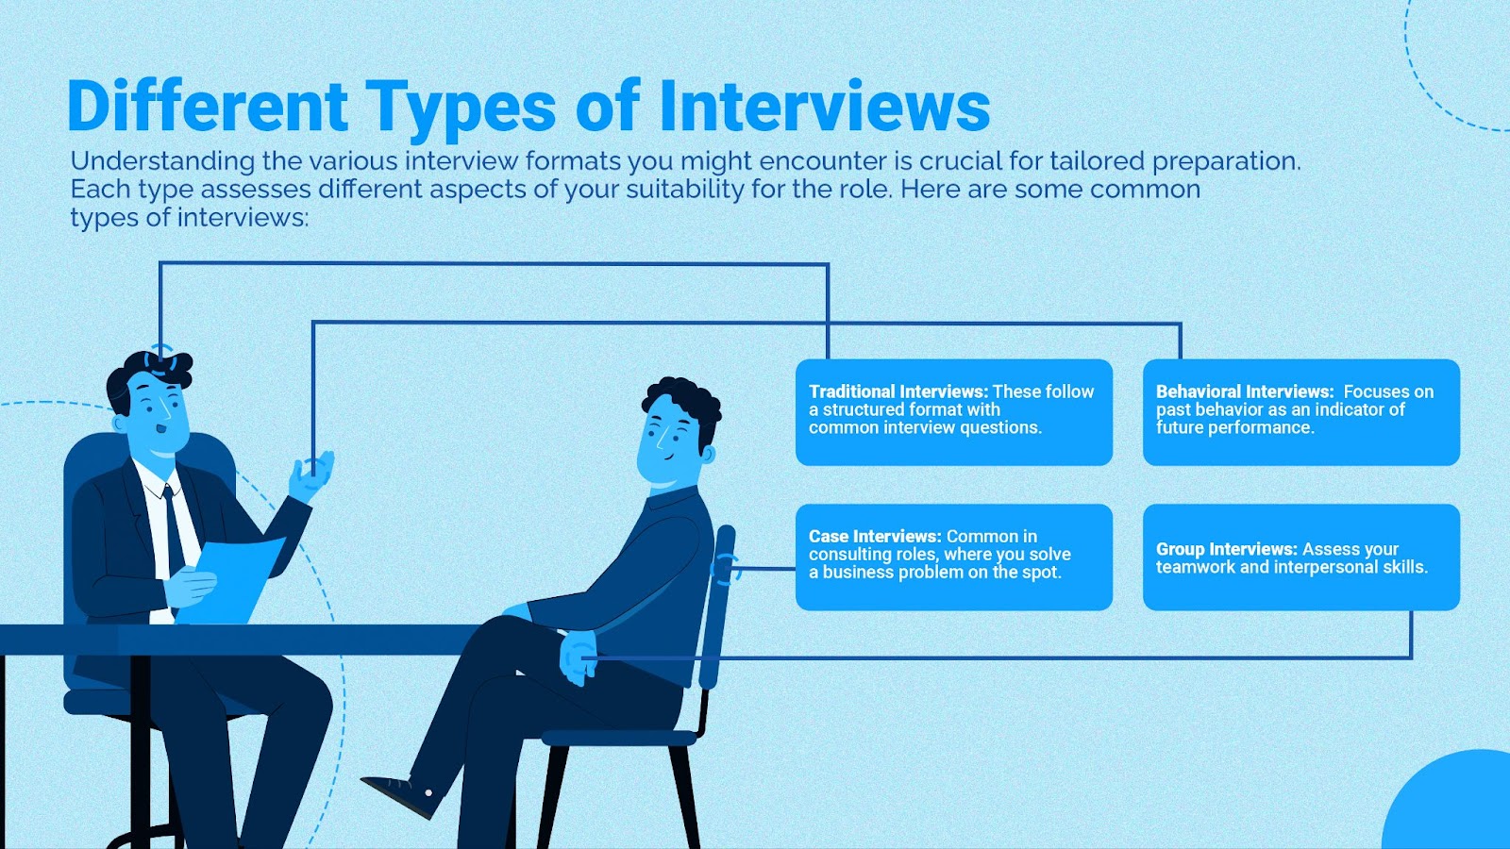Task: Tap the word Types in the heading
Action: (461, 108)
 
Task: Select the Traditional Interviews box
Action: (953, 412)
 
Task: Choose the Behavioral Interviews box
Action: (1300, 412)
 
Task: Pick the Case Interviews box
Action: (953, 557)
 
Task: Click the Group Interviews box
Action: (1300, 557)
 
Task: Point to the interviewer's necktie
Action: (173, 528)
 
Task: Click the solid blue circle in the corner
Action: (1458, 807)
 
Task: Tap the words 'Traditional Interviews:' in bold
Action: (898, 391)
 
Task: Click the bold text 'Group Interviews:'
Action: (1226, 549)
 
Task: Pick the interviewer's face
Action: (159, 410)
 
